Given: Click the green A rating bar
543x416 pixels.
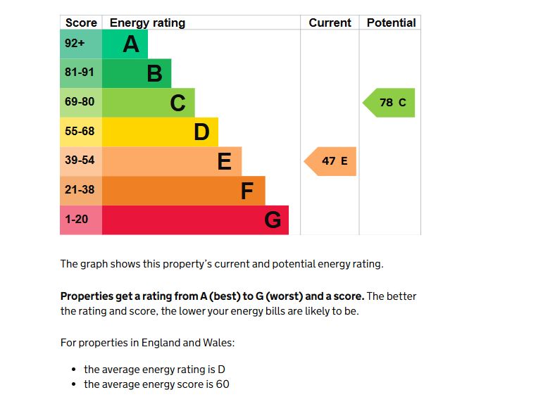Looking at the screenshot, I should (x=125, y=44).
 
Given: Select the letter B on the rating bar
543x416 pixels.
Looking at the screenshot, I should (x=154, y=73).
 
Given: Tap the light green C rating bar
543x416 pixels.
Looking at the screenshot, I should (x=148, y=103).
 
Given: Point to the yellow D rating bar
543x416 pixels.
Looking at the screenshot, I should (x=160, y=132).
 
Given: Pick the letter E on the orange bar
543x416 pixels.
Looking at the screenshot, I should (x=224, y=162).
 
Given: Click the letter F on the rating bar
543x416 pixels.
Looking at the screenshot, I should (x=246, y=191).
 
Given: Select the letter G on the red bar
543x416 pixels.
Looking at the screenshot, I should (x=273, y=220).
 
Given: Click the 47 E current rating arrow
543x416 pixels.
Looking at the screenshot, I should (x=332, y=161).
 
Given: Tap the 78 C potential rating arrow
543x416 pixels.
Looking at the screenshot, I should (x=391, y=103).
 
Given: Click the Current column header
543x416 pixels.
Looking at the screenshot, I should (x=330, y=23).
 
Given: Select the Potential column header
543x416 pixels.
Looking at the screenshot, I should (x=391, y=23).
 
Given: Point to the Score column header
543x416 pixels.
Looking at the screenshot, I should (x=81, y=23).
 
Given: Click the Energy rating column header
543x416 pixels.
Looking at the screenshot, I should (x=147, y=23).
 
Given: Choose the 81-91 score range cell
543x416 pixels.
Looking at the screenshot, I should (x=80, y=73).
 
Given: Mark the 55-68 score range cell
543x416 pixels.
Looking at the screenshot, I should (x=80, y=132).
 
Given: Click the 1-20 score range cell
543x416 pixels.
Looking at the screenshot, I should (x=77, y=220).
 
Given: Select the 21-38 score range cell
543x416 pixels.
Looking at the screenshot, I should (x=80, y=190).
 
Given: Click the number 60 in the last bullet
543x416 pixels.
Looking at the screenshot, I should (x=223, y=384).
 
